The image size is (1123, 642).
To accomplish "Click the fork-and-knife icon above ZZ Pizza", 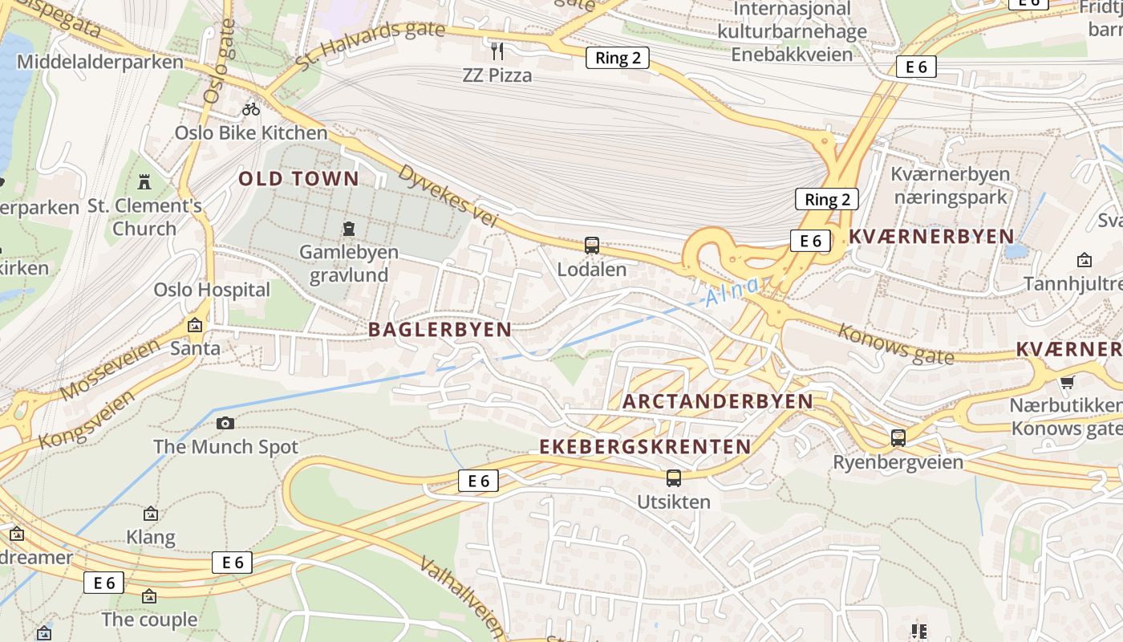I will [x=497, y=51].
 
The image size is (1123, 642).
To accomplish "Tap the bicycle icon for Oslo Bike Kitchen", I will [x=251, y=108].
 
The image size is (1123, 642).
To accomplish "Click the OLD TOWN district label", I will [x=298, y=179].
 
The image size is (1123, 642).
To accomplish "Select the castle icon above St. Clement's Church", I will [x=144, y=182].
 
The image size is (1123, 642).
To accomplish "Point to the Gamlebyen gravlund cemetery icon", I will [x=349, y=230].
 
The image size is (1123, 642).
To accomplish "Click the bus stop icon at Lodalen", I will [x=592, y=246].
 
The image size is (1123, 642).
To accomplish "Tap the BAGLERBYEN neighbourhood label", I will [x=440, y=329].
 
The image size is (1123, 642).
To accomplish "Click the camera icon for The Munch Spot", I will [x=225, y=423].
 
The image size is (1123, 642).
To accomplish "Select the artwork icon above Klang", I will [x=150, y=514].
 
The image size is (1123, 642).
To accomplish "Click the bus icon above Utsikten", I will [x=674, y=478].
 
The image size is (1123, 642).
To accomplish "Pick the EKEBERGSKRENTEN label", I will [x=645, y=447].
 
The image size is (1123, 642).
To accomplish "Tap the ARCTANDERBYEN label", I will [x=718, y=401].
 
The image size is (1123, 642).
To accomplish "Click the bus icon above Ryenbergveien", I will [x=898, y=438].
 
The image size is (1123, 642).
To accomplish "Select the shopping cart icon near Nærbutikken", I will [x=1067, y=382].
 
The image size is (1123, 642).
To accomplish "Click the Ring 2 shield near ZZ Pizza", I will [x=617, y=58].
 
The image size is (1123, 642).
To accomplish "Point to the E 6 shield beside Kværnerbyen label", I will [x=810, y=240].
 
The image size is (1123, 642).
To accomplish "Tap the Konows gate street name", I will [x=896, y=343].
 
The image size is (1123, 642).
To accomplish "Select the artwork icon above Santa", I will [x=194, y=325].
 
